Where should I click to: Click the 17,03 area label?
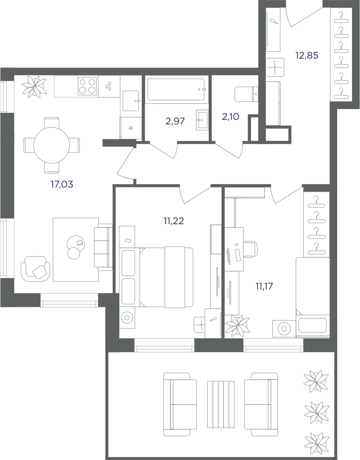pos(61,184)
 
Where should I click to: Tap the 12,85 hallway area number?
pos(307,55)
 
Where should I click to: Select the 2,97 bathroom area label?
pos(175,121)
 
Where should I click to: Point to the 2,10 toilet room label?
pos(230,117)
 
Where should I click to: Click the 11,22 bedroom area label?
pos(174,221)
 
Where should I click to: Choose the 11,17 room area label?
pos(264,286)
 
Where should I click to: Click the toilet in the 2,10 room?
pos(246,94)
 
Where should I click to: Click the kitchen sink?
pos(131,101)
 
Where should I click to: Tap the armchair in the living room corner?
pos(35,269)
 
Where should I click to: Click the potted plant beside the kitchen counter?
pos(35,87)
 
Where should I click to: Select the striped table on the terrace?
pos(221,404)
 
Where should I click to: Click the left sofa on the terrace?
pos(180,404)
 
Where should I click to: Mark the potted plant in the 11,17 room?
pos(237,326)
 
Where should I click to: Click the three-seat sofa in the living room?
pos(103,247)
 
